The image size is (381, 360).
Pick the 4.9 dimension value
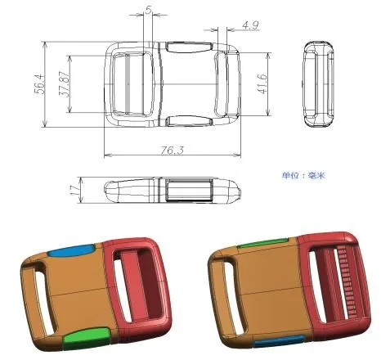(250, 26)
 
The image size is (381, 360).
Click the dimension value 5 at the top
(148, 11)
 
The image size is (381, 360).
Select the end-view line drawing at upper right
(320, 83)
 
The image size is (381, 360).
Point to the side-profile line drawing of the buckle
(175, 191)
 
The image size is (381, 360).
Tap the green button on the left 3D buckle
(84, 335)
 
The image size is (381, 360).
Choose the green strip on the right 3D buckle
(263, 242)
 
